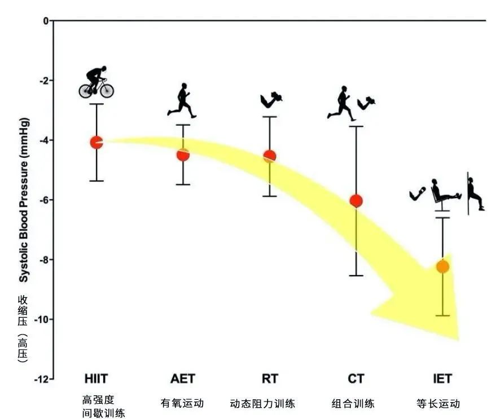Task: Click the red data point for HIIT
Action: (x=97, y=142)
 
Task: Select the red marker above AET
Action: (x=183, y=155)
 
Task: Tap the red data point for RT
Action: (x=270, y=156)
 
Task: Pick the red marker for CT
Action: (x=356, y=201)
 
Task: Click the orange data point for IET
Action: (x=442, y=266)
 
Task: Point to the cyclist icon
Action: (x=97, y=82)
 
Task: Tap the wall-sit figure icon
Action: (x=475, y=193)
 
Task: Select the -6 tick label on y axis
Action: (x=41, y=200)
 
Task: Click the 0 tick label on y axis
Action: (x=45, y=21)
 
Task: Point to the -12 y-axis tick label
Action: (x=40, y=379)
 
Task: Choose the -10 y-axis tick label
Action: (x=40, y=319)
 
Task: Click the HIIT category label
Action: (x=97, y=378)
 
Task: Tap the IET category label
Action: (x=442, y=378)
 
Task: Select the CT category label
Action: (x=356, y=378)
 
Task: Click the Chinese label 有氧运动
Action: (x=182, y=403)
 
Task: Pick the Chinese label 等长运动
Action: (x=438, y=403)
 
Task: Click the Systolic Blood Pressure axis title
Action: (x=24, y=201)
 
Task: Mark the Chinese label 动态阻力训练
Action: (x=262, y=403)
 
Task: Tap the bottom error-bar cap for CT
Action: (x=356, y=276)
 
